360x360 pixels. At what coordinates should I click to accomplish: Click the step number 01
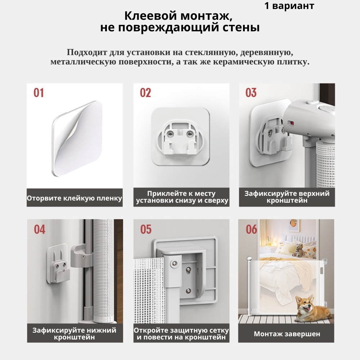[39, 93]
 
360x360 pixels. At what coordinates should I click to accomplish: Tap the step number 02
[145, 93]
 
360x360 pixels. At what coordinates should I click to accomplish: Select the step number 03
[251, 93]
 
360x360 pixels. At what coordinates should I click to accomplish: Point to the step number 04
[40, 230]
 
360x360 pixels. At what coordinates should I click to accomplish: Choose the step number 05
[146, 230]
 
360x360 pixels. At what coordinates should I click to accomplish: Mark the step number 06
[251, 230]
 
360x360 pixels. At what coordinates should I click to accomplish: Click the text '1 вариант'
[289, 6]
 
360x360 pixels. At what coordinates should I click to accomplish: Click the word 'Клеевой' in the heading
[150, 16]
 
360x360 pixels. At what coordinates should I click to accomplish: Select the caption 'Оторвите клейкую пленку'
[75, 198]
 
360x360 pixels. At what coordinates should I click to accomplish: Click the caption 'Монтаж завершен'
[287, 334]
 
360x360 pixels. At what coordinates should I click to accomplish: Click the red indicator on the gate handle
[292, 123]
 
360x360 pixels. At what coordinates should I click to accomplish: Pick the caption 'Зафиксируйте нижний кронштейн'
[75, 334]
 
